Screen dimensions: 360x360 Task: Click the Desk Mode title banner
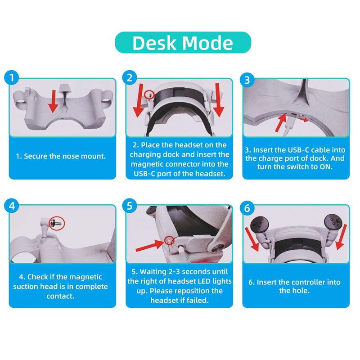[x=183, y=42]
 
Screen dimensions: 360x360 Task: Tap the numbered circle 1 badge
[x=12, y=77]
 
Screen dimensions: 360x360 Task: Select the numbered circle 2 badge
[x=130, y=77]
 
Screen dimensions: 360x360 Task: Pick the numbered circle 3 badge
[x=247, y=80]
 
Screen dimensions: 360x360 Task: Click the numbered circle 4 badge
[x=12, y=206]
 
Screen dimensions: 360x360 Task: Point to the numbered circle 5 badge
[x=130, y=206]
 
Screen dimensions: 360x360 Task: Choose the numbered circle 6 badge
[x=247, y=208]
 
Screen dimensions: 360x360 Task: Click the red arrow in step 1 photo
[x=54, y=101]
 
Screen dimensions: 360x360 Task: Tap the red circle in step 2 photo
[x=149, y=94]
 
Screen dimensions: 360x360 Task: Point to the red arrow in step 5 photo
[x=150, y=245]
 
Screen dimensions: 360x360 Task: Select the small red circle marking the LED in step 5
[x=170, y=240]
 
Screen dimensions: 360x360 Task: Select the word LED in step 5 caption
[x=204, y=281]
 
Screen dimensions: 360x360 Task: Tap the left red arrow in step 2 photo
[x=139, y=100]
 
